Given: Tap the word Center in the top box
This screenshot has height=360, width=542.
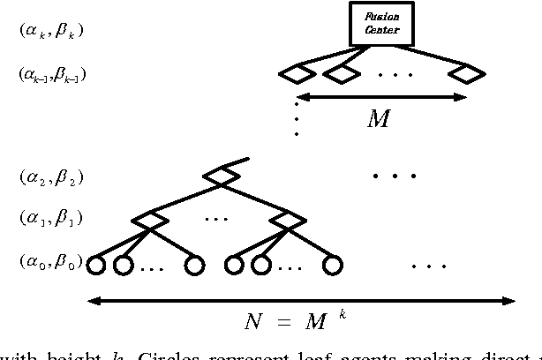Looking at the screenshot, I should (382, 30).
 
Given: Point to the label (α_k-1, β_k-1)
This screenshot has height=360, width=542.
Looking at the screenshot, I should (52, 75).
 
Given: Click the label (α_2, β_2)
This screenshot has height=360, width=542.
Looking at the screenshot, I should (51, 177).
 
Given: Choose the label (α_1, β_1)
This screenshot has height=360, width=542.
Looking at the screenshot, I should (50, 217).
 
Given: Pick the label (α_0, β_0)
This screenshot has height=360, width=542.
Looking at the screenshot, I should (50, 261).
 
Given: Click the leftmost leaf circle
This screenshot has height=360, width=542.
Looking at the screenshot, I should (95, 263).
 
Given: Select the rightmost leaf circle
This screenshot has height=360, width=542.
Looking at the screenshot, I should (331, 263).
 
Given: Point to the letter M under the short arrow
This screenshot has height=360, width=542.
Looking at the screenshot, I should (378, 119).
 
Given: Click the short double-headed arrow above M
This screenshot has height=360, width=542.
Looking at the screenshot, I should (380, 96).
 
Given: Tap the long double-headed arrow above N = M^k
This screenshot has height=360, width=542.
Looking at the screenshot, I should (300, 301).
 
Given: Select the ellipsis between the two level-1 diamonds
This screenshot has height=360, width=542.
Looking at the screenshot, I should (215, 217).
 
